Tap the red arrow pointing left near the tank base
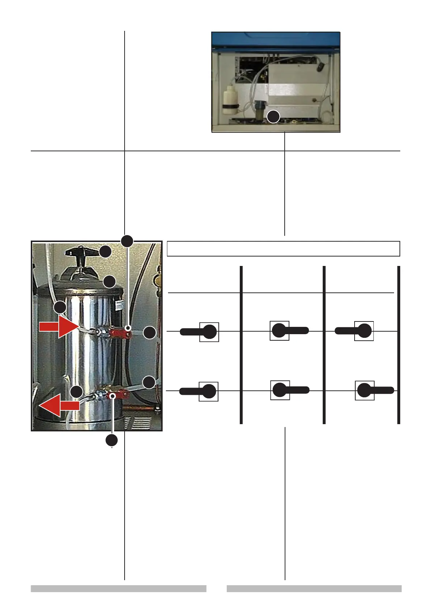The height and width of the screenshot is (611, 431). click(x=59, y=406)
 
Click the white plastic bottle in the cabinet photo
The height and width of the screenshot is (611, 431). click(x=229, y=100)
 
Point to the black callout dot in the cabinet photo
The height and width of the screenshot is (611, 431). click(x=273, y=117)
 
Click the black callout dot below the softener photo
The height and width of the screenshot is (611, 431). click(x=112, y=440)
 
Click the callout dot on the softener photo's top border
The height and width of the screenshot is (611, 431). click(x=127, y=241)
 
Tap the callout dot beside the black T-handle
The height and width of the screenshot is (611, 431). click(x=105, y=252)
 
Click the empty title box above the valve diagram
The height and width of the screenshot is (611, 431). click(x=283, y=249)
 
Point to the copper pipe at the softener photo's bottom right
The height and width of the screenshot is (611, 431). click(x=139, y=408)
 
